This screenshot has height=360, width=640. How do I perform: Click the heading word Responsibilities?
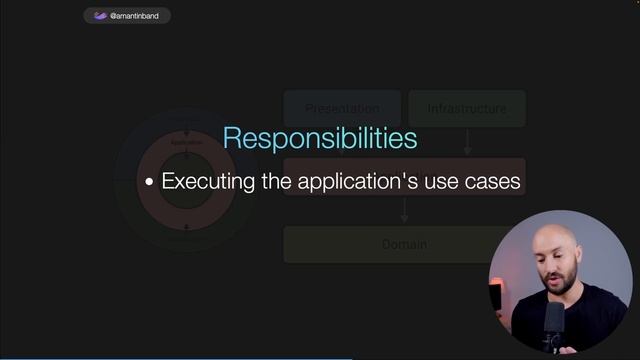(x=319, y=138)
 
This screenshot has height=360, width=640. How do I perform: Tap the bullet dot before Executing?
(x=150, y=183)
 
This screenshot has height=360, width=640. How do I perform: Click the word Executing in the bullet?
(x=207, y=182)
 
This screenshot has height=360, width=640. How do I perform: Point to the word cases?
(x=491, y=182)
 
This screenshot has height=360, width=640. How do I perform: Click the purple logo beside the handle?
(x=100, y=16)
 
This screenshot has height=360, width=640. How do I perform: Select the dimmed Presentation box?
(x=342, y=108)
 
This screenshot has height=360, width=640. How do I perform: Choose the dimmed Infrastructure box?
(x=467, y=108)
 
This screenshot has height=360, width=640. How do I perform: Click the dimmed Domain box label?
(x=404, y=244)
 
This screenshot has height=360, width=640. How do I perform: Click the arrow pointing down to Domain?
(x=404, y=210)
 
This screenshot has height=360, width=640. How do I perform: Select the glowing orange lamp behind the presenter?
(x=495, y=297)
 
